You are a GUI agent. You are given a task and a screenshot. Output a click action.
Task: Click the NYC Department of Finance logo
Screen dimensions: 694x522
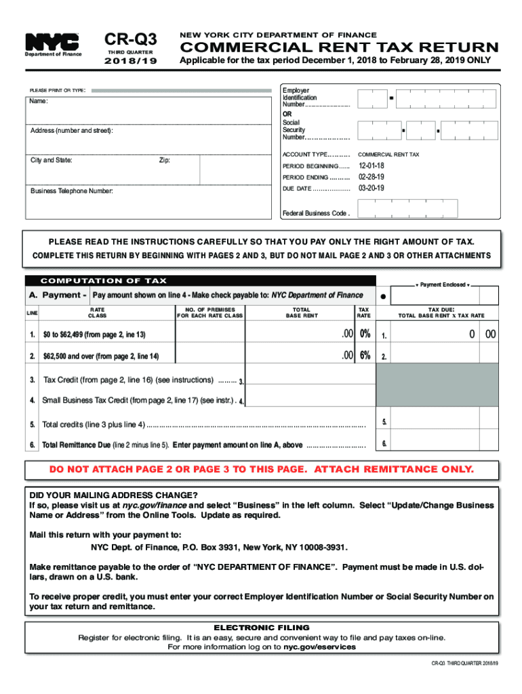pyautogui.click(x=52, y=45)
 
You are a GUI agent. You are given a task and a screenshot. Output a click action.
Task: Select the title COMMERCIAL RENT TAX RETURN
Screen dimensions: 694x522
pyautogui.click(x=338, y=47)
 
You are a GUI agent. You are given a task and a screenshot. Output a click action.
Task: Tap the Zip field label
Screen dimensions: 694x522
pyautogui.click(x=165, y=161)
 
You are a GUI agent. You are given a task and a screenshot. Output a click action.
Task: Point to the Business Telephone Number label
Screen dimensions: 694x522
pyautogui.click(x=71, y=191)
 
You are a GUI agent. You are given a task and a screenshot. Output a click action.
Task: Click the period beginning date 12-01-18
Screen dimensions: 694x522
pyautogui.click(x=372, y=166)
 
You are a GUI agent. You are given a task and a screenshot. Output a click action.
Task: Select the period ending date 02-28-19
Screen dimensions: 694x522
pyautogui.click(x=372, y=177)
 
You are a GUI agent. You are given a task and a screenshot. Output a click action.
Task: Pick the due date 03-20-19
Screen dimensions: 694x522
pyautogui.click(x=372, y=188)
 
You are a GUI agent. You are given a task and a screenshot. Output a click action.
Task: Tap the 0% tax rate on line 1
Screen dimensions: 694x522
pyautogui.click(x=365, y=334)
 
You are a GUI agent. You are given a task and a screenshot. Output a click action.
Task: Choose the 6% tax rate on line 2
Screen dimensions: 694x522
pyautogui.click(x=365, y=356)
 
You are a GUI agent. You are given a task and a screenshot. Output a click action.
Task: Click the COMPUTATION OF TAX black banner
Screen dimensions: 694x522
pyautogui.click(x=104, y=281)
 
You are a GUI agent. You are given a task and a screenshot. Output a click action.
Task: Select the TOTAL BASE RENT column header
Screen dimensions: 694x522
pyautogui.click(x=301, y=312)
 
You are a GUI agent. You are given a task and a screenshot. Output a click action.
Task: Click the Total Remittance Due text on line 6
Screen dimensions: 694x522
pyautogui.click(x=71, y=445)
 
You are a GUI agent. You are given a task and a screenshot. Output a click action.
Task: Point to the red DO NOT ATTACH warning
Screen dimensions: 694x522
pyautogui.click(x=261, y=470)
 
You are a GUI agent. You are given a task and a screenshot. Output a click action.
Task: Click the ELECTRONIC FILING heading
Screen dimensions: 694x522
pyautogui.click(x=261, y=628)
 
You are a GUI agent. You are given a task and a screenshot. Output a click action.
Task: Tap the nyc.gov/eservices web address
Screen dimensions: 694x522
pyautogui.click(x=319, y=647)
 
